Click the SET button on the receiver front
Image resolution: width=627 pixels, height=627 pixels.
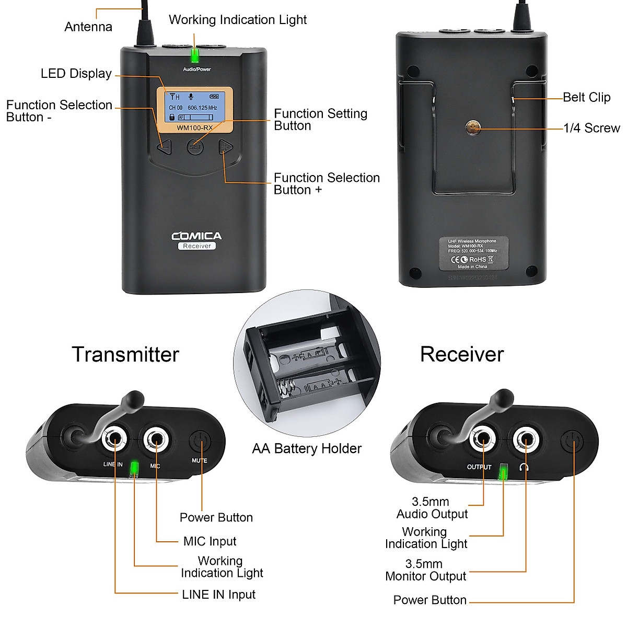click(x=195, y=147)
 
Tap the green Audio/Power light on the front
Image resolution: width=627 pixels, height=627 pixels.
click(x=195, y=55)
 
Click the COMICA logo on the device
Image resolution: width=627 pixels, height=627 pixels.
click(x=196, y=236)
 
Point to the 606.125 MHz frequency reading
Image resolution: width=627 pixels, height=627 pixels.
click(x=202, y=108)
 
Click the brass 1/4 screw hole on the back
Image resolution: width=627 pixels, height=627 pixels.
click(x=473, y=127)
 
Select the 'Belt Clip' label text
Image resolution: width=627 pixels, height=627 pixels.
click(x=586, y=97)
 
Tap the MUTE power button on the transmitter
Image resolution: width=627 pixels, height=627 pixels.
click(x=200, y=443)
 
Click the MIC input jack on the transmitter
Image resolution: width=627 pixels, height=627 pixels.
click(x=156, y=439)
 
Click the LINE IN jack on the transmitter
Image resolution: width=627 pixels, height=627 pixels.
click(x=115, y=439)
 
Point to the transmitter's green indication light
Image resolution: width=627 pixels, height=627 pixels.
click(x=134, y=468)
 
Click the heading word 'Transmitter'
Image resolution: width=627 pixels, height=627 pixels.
click(x=125, y=354)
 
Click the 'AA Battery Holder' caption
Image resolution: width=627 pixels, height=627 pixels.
click(x=307, y=448)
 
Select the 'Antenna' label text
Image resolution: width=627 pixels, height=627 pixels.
click(x=88, y=27)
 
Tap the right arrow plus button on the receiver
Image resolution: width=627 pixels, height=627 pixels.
click(x=225, y=147)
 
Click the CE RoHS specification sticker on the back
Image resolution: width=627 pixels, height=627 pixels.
click(x=473, y=253)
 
